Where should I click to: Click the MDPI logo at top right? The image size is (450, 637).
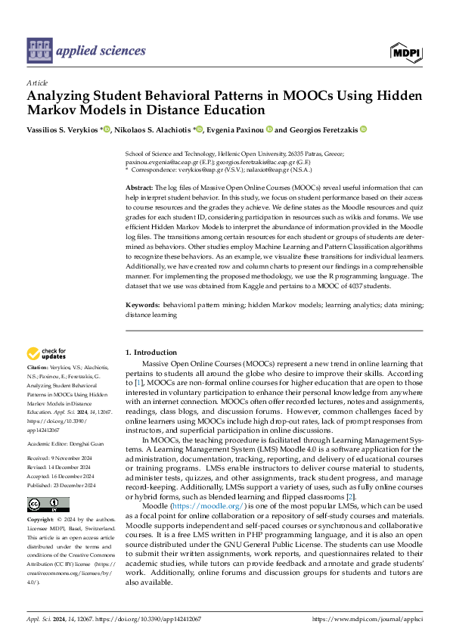point(406,51)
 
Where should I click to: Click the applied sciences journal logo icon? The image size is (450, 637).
point(39,50)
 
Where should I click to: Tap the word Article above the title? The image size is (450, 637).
point(37,82)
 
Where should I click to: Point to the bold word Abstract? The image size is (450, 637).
point(139,187)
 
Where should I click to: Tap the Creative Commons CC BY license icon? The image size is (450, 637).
point(48,505)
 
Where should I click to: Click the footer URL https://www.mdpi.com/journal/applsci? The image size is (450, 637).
point(377,618)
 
